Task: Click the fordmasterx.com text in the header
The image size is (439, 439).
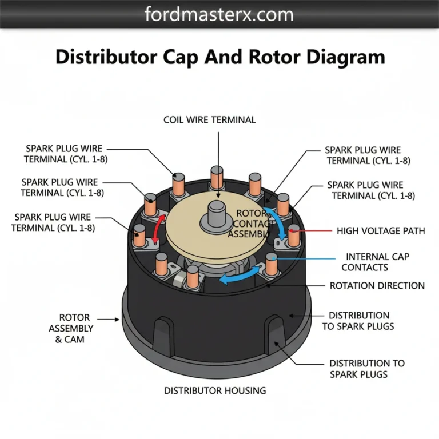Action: [x=219, y=14]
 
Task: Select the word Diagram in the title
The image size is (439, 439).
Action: [x=345, y=57]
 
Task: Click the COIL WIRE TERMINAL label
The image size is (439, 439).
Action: [x=209, y=120]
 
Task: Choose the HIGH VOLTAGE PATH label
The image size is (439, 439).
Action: [x=381, y=231]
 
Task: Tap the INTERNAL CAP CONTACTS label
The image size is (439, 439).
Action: [x=377, y=262]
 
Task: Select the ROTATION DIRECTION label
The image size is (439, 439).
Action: [x=377, y=285]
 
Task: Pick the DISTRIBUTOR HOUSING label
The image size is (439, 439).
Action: [x=215, y=390]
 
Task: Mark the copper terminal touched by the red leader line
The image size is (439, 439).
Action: [x=294, y=236]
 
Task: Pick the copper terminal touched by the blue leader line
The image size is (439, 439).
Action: [x=271, y=263]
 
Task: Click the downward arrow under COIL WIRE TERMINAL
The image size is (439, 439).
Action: [x=218, y=154]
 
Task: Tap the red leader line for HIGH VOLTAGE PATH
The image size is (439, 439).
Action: [x=314, y=231]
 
